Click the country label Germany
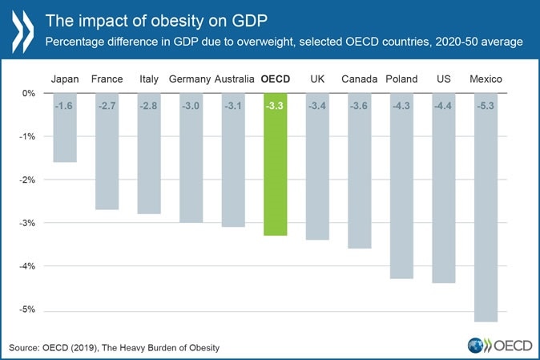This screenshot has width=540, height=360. (190, 79)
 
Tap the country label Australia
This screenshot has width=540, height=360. (235, 79)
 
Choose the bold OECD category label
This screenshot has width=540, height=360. (275, 79)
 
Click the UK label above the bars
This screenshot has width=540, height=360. (317, 79)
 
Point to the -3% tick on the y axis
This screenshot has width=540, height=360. (26, 223)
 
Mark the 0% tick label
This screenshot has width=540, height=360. (29, 94)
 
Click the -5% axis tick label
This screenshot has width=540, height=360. (26, 310)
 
